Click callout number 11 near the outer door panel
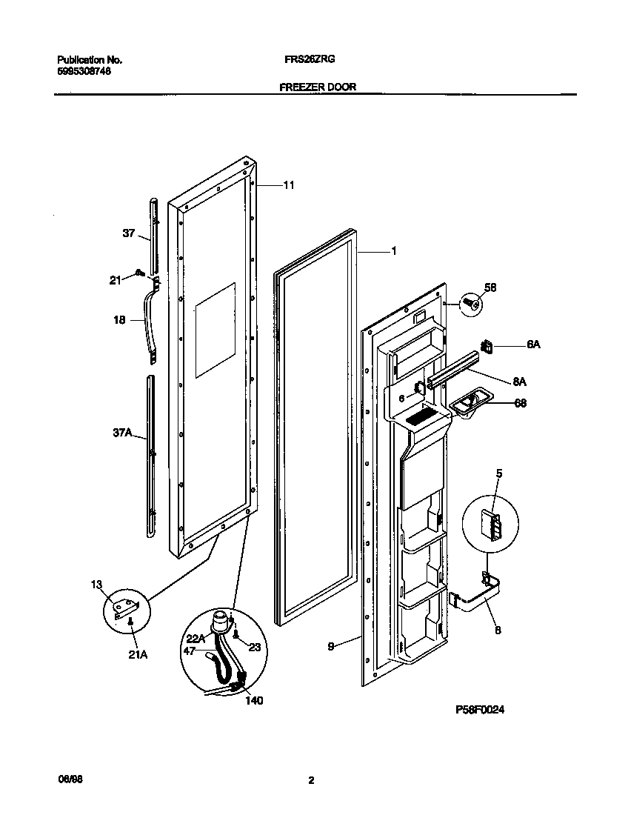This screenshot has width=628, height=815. (x=289, y=185)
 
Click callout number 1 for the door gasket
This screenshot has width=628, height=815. (x=394, y=252)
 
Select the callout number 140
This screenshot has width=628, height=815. (x=253, y=700)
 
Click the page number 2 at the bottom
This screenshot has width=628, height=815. (x=312, y=780)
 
